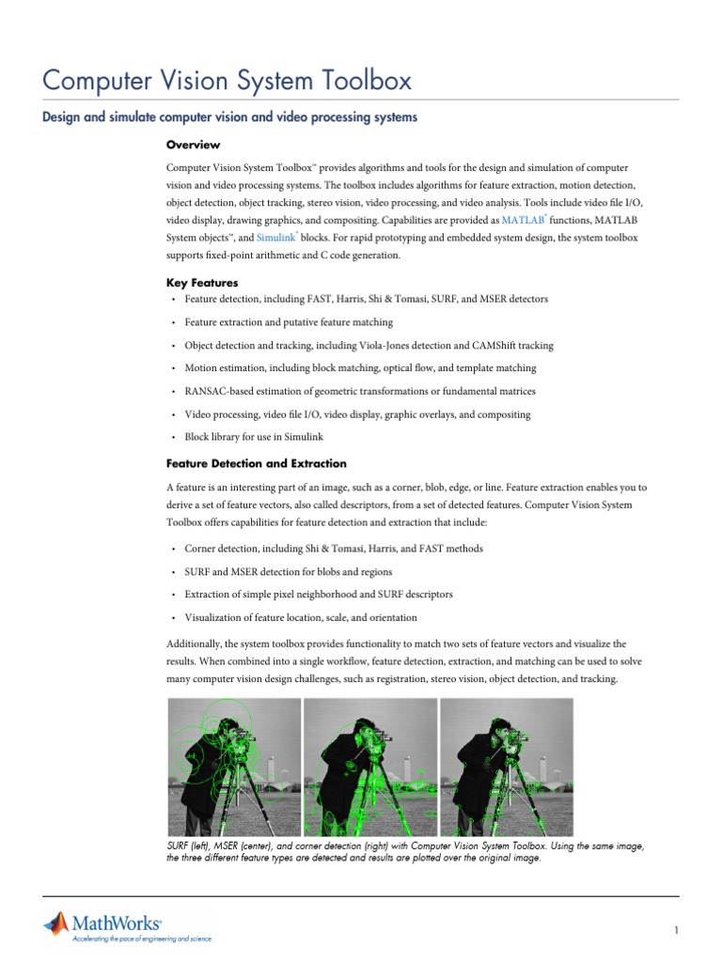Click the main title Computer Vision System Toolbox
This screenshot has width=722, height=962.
click(228, 81)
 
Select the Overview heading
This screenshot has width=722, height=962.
click(193, 145)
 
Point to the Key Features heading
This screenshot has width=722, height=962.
click(201, 283)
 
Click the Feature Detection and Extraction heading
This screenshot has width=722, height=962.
click(256, 464)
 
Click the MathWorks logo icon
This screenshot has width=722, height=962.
click(55, 923)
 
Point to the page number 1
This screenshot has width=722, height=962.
click(676, 930)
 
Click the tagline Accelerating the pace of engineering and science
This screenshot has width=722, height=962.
click(142, 938)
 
